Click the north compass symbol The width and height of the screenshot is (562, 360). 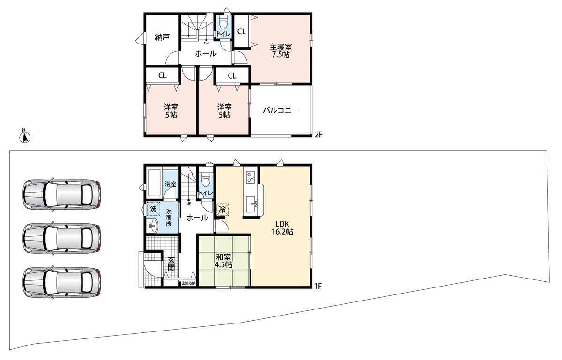(25, 137)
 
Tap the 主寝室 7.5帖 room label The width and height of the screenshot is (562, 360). (281, 51)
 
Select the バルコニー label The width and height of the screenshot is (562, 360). (281, 110)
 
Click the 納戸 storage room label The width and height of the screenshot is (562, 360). (163, 37)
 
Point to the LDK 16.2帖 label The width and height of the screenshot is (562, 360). (282, 228)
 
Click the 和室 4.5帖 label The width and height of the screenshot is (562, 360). (223, 261)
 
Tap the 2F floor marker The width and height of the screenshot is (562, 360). (318, 135)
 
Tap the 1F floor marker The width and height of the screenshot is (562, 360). (318, 286)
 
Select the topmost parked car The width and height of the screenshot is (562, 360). (62, 194)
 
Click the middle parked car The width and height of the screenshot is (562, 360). (62, 238)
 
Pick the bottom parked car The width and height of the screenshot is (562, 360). (62, 282)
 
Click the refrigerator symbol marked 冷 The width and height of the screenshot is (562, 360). (222, 209)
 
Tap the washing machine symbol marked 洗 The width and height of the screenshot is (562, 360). (153, 208)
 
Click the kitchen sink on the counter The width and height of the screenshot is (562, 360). (251, 205)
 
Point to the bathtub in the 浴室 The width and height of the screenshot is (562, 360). (155, 183)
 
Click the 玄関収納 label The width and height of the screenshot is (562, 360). (188, 283)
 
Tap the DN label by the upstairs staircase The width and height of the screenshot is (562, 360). (206, 43)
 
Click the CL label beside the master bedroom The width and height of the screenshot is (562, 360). (242, 31)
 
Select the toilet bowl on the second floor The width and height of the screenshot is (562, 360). (223, 24)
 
